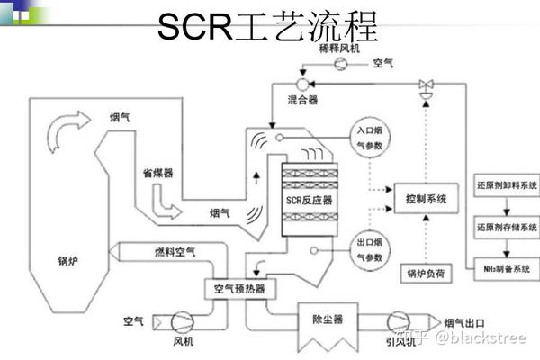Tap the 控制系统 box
(426, 197)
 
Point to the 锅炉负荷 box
(426, 273)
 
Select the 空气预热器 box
(239, 289)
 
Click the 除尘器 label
(327, 319)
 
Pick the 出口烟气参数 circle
(366, 248)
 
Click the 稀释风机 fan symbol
(340, 66)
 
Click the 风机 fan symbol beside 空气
(180, 321)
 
